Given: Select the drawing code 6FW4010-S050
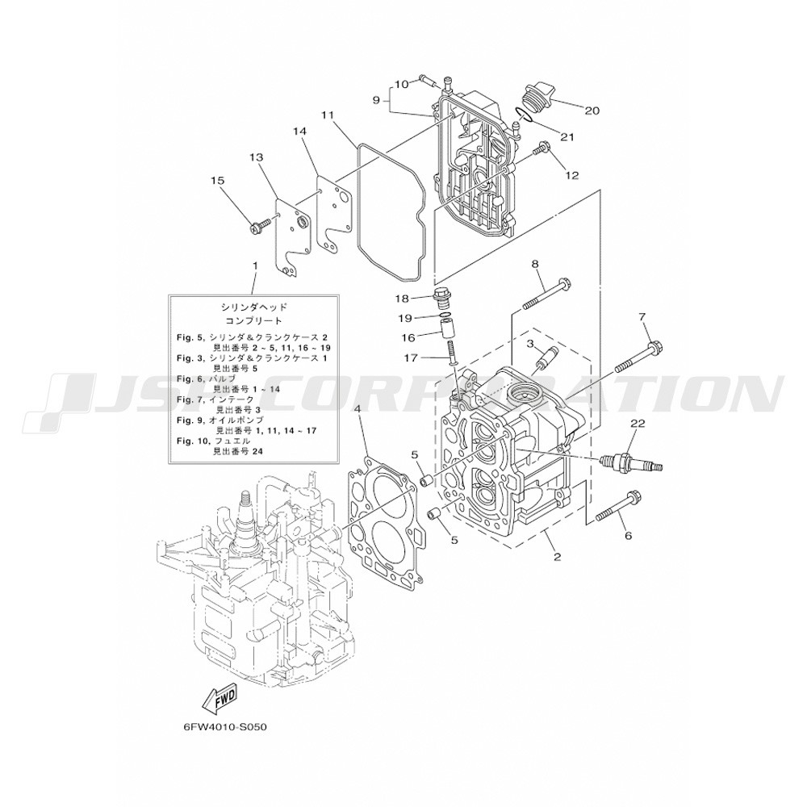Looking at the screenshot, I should coord(225,725).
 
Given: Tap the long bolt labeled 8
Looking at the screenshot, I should coord(549,294).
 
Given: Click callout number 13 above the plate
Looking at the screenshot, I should coord(257,157).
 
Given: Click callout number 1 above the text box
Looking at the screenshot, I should coord(255,266).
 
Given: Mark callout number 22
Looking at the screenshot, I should coord(638,422).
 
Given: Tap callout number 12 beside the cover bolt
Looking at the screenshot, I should coord(572,174).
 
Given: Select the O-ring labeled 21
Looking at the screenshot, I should coord(525,115).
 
